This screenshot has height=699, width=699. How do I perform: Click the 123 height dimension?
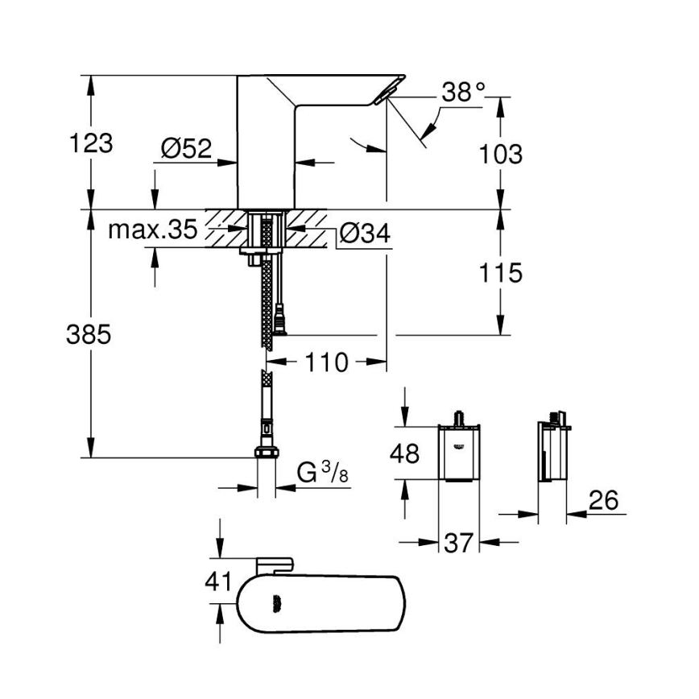click(90, 144)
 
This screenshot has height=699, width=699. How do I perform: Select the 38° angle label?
click(464, 93)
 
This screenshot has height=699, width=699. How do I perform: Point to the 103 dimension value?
click(500, 154)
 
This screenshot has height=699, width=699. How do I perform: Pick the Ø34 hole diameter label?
click(365, 234)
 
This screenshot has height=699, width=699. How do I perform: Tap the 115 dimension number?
click(500, 273)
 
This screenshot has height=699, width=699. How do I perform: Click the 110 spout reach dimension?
click(327, 362)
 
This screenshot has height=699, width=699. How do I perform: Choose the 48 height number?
click(404, 453)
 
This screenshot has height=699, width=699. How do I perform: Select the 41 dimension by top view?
click(218, 581)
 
